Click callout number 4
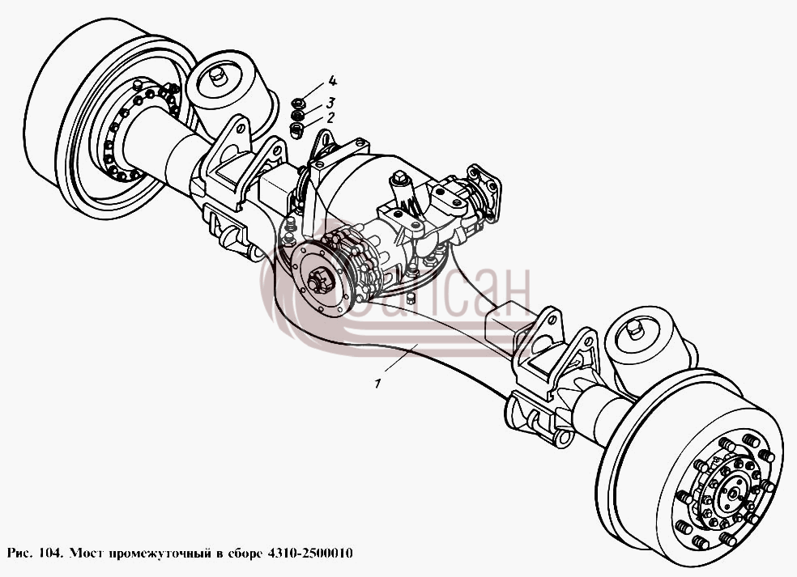coord(332,80)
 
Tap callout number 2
coord(331,118)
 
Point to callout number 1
coord(377,384)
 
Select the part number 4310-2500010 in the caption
coord(308,553)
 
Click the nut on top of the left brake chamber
coord(216,77)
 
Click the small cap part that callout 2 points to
coord(296,129)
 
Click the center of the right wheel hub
coord(732,493)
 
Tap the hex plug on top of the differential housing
coord(399,179)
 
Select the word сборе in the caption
coord(242,553)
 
